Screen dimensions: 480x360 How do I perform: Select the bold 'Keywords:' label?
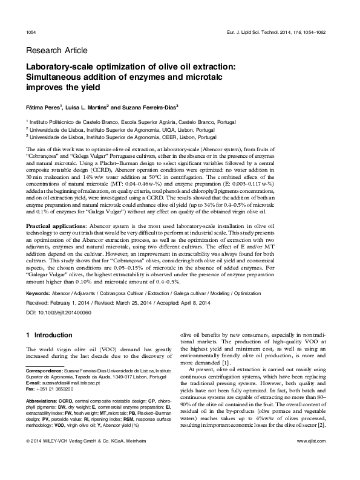pyautogui.click(x=38, y=293)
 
